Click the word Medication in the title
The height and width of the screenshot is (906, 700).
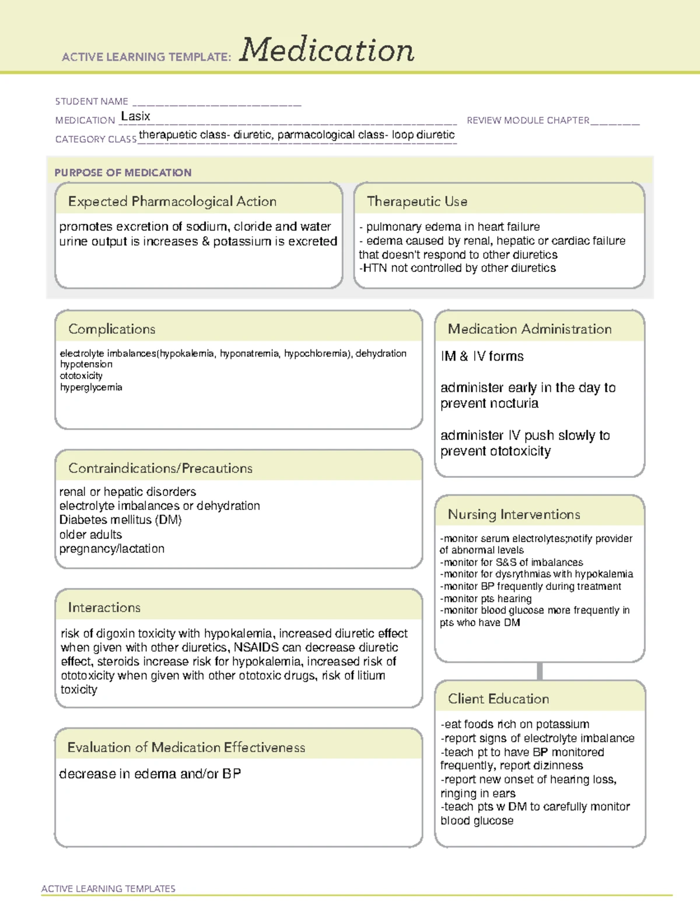coord(327,50)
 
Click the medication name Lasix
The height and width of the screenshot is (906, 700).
coord(135,117)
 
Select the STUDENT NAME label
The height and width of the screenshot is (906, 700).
coord(92,102)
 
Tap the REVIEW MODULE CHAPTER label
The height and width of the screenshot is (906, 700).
coord(528,120)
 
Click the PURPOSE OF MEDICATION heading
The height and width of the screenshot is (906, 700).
coord(123,173)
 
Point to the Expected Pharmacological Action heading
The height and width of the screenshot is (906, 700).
coord(172,201)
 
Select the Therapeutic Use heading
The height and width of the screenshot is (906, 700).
coord(417,201)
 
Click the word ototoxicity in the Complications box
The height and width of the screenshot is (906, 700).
coord(81,376)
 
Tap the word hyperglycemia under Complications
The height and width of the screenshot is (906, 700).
coord(91,387)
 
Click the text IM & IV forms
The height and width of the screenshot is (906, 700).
coord(482,356)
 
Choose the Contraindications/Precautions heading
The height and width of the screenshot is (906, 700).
coord(160,468)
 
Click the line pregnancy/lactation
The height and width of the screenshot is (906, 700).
coord(112,549)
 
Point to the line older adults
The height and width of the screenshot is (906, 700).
coord(90,534)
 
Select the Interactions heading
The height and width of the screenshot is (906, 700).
coord(104,608)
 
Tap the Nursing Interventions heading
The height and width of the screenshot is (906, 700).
coord(514,515)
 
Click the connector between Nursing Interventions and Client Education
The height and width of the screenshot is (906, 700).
coord(540,671)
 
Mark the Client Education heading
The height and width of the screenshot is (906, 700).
coord(498,699)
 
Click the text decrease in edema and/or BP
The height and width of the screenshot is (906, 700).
coord(150,774)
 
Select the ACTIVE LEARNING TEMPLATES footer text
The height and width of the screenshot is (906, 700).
coord(108,888)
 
